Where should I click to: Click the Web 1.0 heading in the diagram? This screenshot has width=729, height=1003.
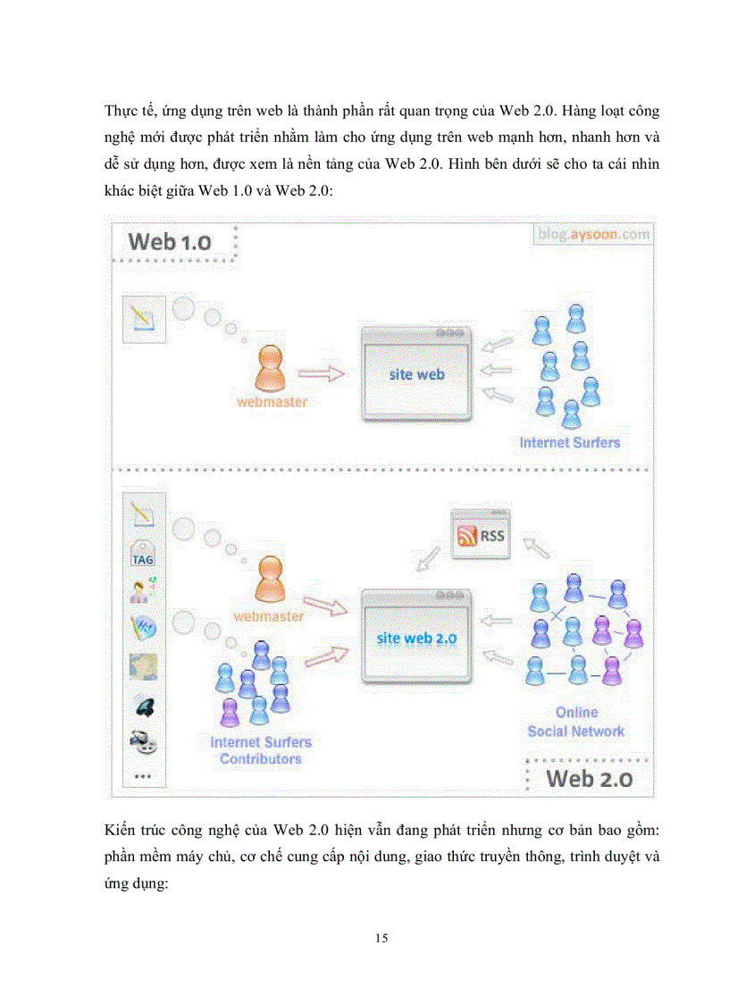point(170,241)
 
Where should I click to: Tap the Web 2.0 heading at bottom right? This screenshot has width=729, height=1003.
point(589,777)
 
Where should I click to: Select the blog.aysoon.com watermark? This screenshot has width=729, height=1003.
point(594,234)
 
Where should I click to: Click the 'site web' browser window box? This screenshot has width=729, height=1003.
point(416,373)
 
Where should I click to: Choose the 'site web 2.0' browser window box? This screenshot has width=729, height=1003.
point(416,638)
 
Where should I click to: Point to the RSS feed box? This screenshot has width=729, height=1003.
point(480,535)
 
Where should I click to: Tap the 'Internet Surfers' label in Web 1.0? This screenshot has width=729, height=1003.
point(569,442)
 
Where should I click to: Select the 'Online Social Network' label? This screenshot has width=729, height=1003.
point(576,723)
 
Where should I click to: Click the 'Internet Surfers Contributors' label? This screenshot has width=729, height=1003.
point(260,750)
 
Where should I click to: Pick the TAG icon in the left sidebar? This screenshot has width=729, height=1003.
point(143,555)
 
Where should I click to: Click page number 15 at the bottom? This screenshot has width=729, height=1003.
point(382,939)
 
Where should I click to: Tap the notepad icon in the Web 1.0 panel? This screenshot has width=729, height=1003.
point(143,315)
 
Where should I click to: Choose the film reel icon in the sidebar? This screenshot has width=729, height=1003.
point(143,740)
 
